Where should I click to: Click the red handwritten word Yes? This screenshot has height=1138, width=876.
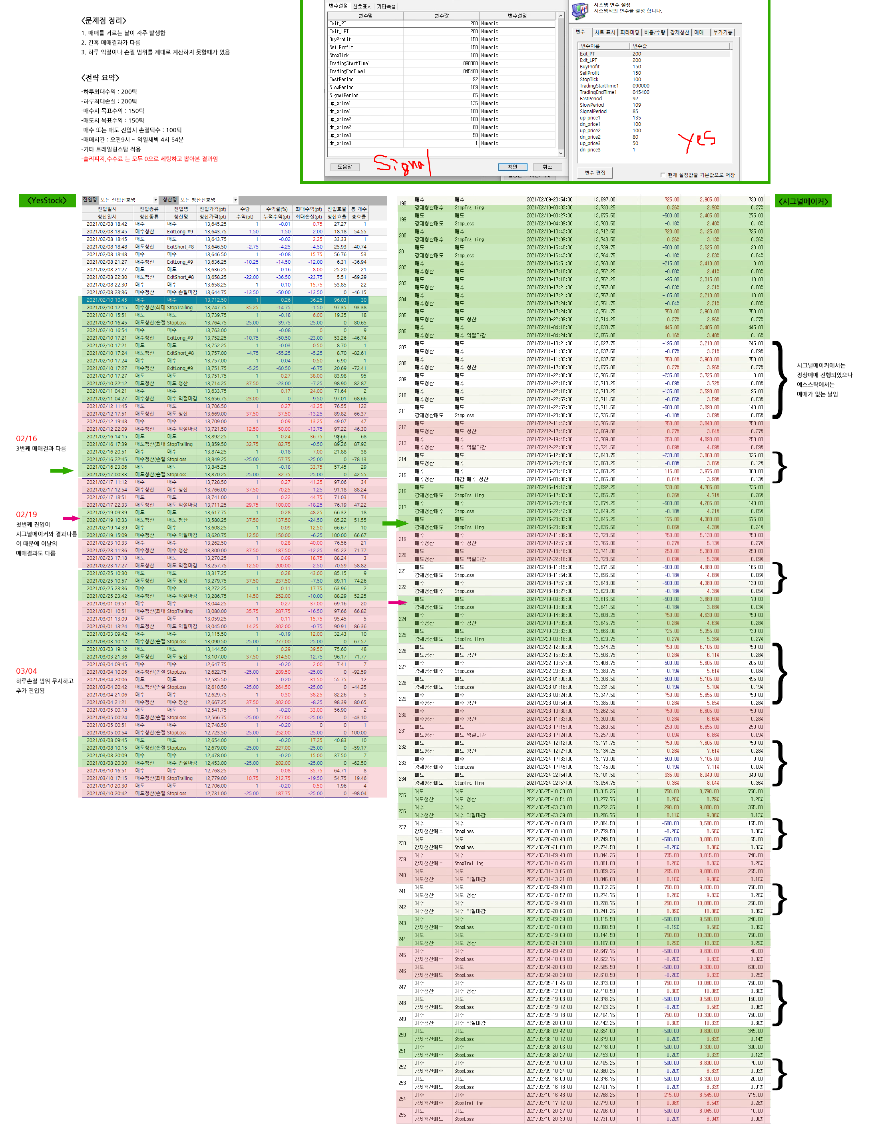[x=696, y=141]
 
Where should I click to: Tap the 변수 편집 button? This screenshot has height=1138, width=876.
[x=595, y=173]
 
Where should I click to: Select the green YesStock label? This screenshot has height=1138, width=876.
[x=48, y=201]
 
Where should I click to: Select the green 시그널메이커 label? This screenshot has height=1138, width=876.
[x=803, y=201]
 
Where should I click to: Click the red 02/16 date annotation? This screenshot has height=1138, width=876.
[x=27, y=439]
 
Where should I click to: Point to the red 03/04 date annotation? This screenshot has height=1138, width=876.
[x=27, y=671]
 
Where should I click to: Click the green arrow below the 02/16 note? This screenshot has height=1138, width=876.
[x=62, y=471]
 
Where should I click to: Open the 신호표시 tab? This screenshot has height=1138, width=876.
[x=362, y=7]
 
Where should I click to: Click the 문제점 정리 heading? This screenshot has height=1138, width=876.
[x=104, y=20]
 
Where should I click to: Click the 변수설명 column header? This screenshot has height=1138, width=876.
[x=517, y=16]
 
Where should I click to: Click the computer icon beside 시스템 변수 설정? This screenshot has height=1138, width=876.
[x=579, y=10]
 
